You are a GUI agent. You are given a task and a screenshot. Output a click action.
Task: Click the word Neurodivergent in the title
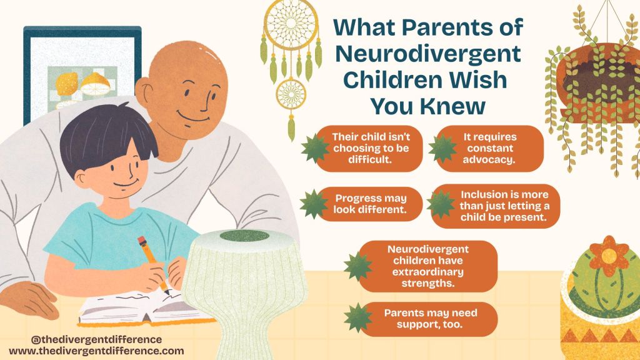coord(428,54)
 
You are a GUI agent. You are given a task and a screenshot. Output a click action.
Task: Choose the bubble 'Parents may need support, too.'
coord(429,319)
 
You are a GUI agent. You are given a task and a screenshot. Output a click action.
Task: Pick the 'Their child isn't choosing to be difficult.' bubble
coord(370,148)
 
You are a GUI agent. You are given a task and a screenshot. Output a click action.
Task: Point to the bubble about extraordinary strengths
coord(428,266)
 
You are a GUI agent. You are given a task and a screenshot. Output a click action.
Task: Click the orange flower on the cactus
coord(609,256)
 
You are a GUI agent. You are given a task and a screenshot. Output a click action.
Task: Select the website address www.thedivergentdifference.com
coord(96,351)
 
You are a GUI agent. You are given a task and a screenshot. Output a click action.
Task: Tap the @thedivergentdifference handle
coord(96,339)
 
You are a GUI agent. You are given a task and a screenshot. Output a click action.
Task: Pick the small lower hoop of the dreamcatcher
coord(291,94)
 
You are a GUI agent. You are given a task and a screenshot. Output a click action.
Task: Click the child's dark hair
coord(106,135)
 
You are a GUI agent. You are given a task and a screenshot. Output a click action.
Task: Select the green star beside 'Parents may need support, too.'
coord(358,317)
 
